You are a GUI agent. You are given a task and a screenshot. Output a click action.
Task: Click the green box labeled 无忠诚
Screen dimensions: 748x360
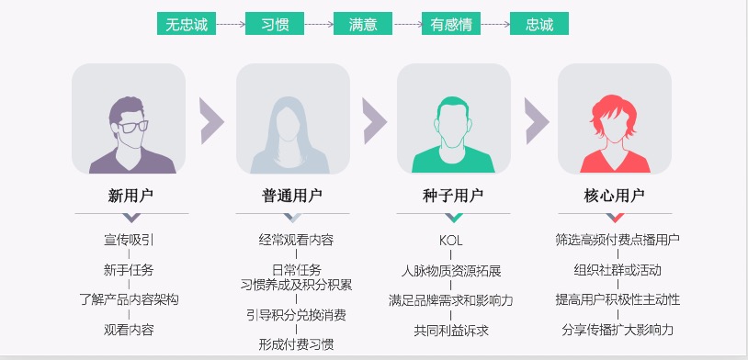tap(187, 24)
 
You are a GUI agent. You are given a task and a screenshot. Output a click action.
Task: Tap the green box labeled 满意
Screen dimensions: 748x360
tap(363, 24)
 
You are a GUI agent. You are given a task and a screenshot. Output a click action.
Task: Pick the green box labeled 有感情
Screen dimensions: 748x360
tap(451, 24)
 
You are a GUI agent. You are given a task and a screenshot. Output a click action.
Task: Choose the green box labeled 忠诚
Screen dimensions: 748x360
tap(538, 24)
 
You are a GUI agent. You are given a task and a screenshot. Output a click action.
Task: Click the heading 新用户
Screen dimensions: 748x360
tap(130, 196)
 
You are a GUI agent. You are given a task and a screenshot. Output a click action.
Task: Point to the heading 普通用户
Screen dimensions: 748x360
tap(292, 196)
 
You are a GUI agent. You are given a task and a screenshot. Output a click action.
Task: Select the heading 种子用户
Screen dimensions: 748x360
tap(453, 196)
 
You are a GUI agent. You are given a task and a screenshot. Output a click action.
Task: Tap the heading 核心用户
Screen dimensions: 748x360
tap(614, 196)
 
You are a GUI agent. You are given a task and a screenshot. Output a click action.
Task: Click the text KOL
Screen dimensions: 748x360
tap(451, 241)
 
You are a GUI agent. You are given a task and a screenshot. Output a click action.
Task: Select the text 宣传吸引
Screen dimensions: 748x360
tap(129, 241)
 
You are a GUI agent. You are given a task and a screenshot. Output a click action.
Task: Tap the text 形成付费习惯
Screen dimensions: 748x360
tap(296, 345)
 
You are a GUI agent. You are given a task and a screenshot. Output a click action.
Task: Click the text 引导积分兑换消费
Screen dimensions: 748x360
tap(296, 315)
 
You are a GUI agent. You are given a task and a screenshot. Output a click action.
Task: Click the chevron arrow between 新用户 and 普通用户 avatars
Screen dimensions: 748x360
tap(211, 119)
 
